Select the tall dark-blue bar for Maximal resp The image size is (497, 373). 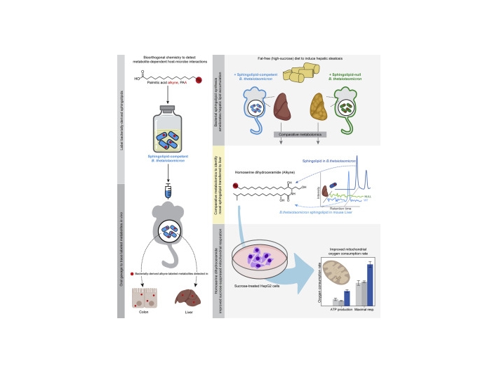coord(370,275)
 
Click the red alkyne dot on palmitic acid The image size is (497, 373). coord(199,81)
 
